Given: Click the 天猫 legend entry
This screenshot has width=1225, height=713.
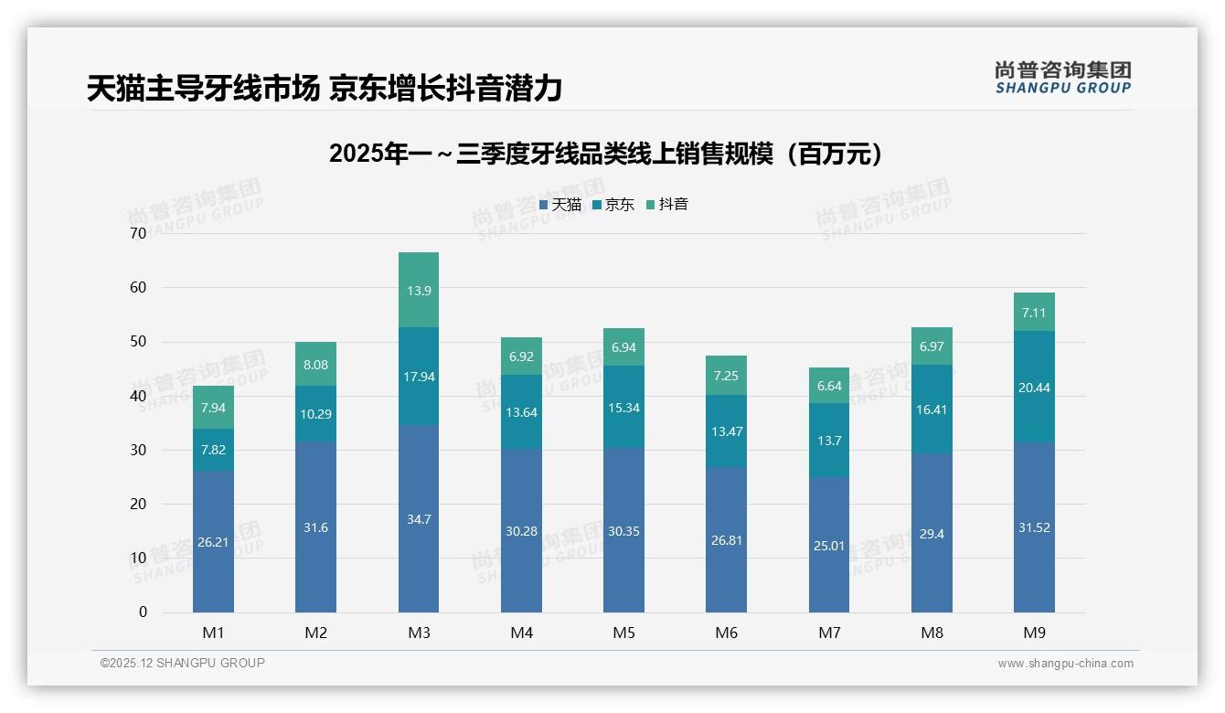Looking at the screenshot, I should (560, 205).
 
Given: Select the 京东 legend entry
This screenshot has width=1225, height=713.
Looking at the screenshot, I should (613, 205).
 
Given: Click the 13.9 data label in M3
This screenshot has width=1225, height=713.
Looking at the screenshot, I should (419, 291).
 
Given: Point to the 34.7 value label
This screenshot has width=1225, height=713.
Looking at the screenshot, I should (419, 519).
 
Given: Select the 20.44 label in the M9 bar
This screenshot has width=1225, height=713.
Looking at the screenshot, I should (1034, 388).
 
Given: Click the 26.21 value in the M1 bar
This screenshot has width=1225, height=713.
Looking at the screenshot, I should (213, 542).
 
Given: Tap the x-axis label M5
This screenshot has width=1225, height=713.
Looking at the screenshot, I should (623, 633).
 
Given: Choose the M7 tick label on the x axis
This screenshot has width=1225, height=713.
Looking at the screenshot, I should (829, 633).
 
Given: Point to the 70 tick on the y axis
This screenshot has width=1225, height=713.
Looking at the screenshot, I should (138, 234).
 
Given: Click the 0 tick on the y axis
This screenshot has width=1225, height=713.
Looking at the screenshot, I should (143, 612).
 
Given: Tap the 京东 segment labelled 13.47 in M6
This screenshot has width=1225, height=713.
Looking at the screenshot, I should (726, 431).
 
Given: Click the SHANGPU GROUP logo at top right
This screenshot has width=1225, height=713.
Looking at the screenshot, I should (1062, 78).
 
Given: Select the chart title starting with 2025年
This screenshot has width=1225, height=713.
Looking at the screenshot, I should (607, 154).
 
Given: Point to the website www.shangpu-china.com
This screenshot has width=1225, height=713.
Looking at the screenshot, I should (1065, 664).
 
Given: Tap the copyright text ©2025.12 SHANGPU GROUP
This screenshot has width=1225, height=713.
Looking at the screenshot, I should (183, 664).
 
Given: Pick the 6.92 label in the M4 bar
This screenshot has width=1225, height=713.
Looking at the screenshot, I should (521, 356).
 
